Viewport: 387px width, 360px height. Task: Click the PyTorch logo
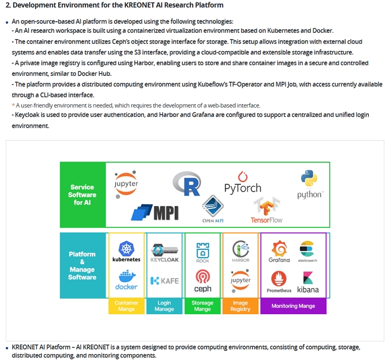click(x=243, y=183)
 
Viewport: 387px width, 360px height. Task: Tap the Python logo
click(x=309, y=184)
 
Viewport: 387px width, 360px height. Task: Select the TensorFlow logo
click(x=267, y=210)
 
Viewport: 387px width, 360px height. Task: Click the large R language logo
click(x=187, y=184)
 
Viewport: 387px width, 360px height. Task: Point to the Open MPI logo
click(x=213, y=209)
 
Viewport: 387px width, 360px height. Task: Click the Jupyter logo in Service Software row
click(x=126, y=184)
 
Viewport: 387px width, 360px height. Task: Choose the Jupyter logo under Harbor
click(x=241, y=281)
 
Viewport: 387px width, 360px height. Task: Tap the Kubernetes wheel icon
click(x=127, y=248)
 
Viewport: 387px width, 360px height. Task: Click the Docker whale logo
click(x=127, y=280)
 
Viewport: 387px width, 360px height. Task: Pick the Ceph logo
click(x=203, y=281)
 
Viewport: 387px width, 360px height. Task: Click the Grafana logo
click(x=279, y=252)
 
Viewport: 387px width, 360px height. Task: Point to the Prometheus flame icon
click(x=279, y=278)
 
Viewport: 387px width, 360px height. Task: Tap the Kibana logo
click(x=308, y=282)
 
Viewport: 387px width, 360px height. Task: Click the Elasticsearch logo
click(x=308, y=251)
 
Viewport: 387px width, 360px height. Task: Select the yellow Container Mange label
click(x=127, y=306)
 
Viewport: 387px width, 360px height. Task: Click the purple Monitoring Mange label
click(x=293, y=306)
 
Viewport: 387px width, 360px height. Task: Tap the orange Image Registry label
click(x=241, y=306)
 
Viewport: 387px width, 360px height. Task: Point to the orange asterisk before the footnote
click(x=13, y=105)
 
